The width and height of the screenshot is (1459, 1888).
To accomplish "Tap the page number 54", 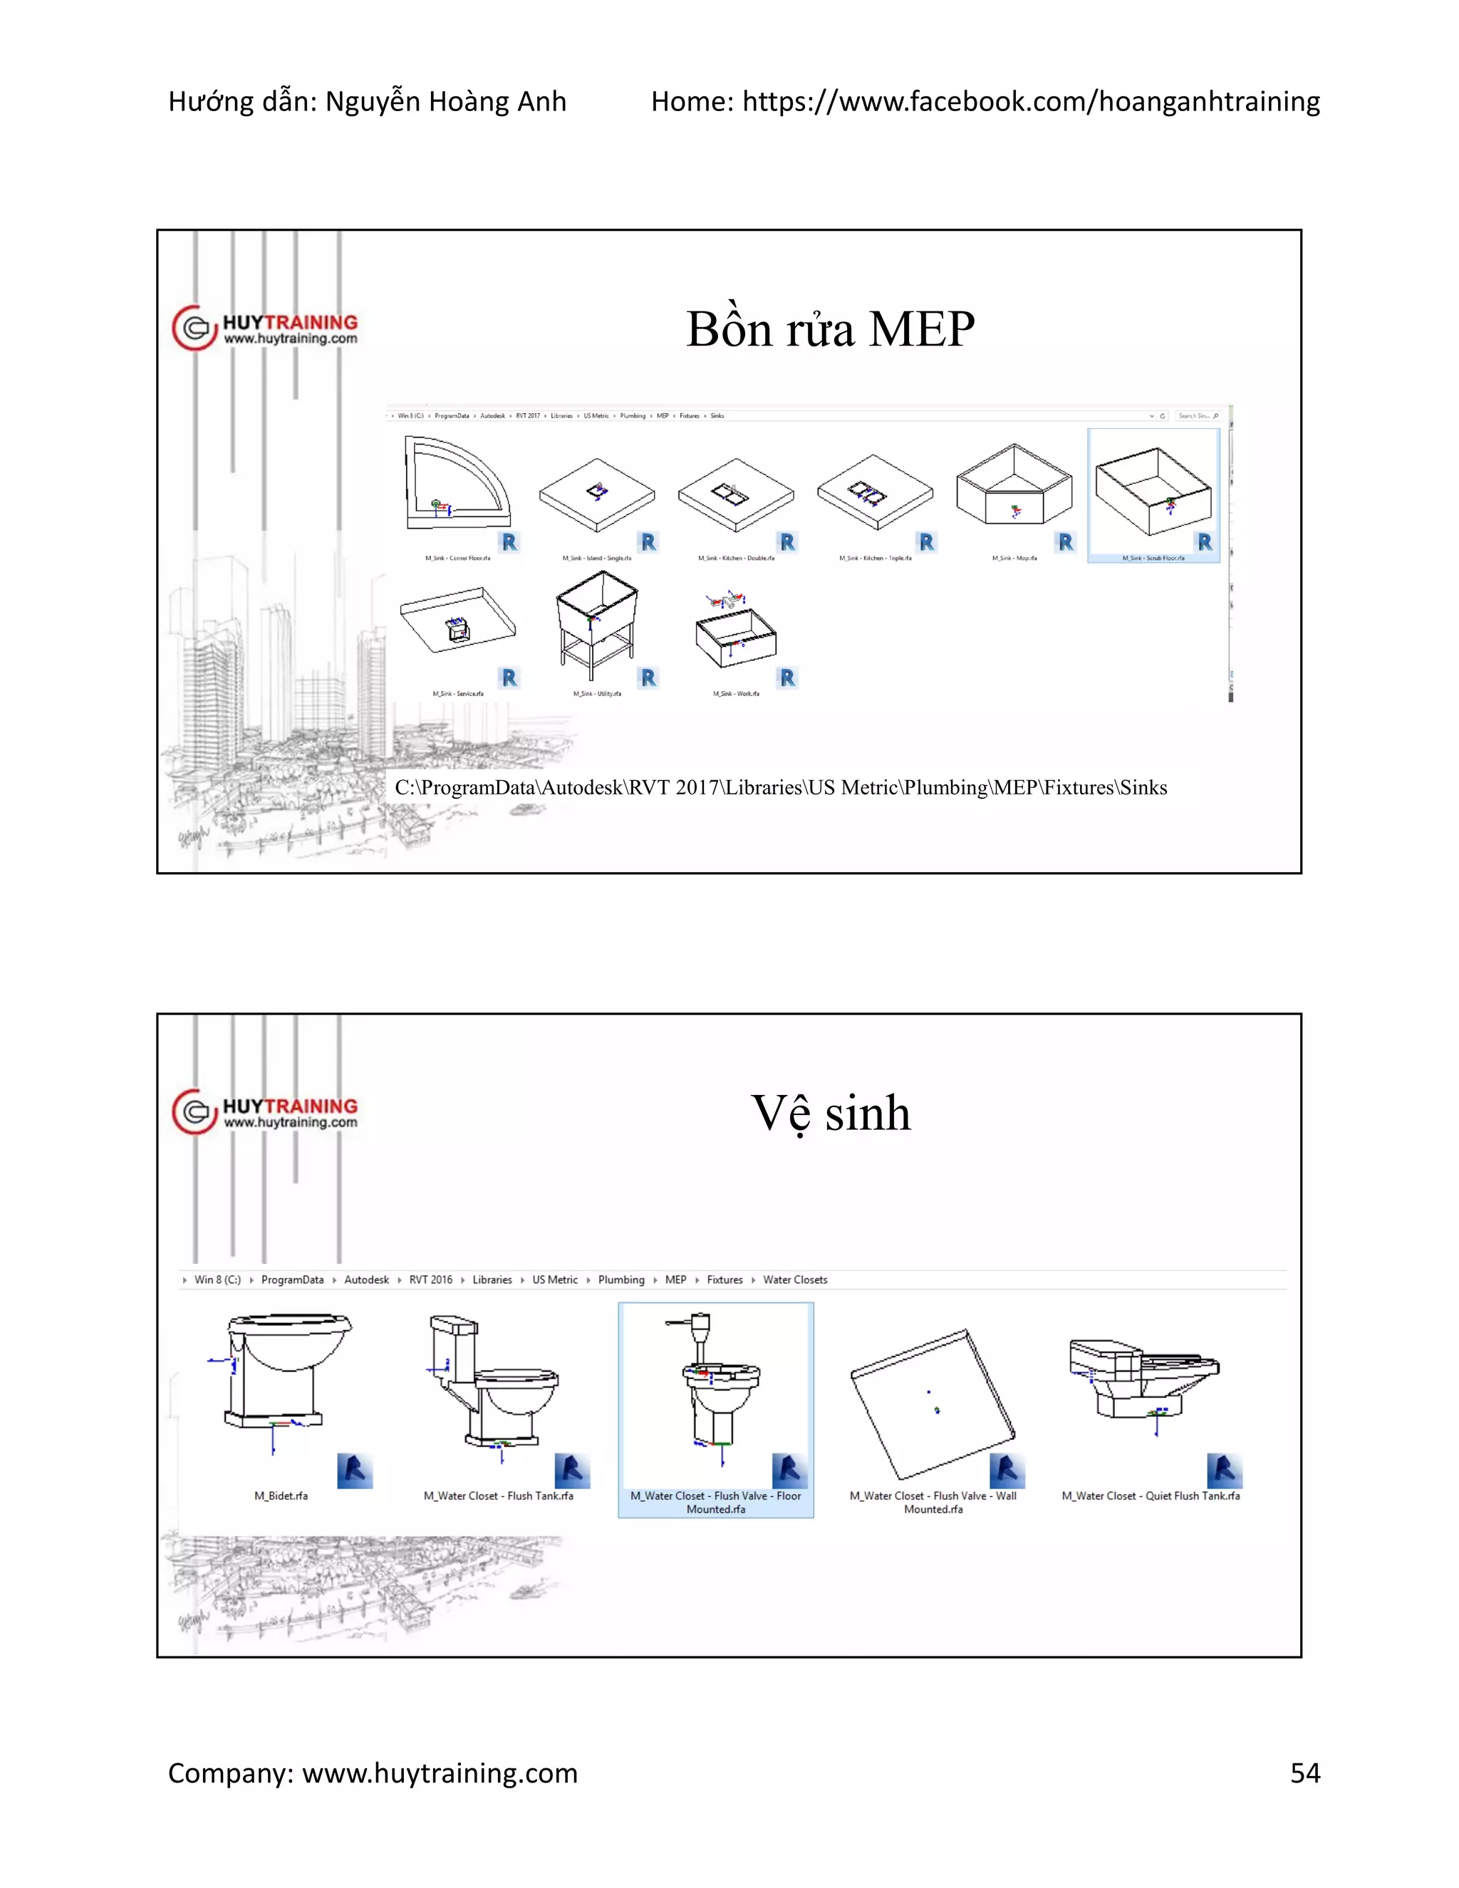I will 1304,1773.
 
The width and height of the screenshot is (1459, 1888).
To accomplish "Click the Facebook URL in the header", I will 1030,102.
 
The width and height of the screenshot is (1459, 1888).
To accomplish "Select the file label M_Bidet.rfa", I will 281,1495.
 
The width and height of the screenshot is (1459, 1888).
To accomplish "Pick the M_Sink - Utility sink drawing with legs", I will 596,624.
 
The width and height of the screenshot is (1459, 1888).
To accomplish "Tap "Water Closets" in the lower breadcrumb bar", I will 794,1280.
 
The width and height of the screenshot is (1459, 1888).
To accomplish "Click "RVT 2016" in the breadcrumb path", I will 430,1280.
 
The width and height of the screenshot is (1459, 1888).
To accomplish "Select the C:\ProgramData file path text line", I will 781,787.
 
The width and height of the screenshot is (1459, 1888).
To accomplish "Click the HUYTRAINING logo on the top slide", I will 265,328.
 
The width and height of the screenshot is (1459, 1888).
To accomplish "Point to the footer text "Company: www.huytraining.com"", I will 373,1773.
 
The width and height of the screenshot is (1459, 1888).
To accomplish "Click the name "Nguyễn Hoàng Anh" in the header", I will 445,102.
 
